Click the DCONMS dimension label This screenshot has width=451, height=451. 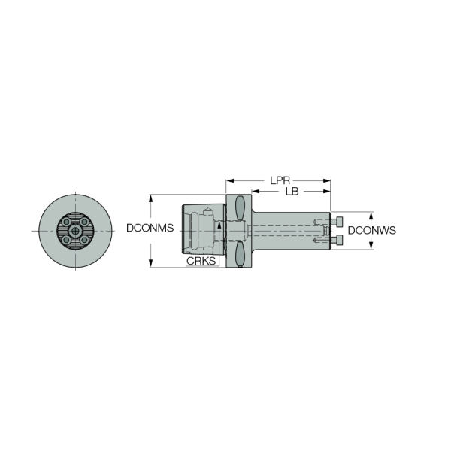pyautogui.click(x=150, y=228)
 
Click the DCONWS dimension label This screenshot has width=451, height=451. pyautogui.click(x=372, y=230)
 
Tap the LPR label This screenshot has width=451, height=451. pyautogui.click(x=280, y=180)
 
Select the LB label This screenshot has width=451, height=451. pyautogui.click(x=292, y=191)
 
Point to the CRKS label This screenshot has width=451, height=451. pyautogui.click(x=201, y=261)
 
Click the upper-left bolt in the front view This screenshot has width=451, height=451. pyautogui.click(x=66, y=222)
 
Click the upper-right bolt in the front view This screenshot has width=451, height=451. pyautogui.click(x=84, y=222)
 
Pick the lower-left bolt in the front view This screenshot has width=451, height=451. pyautogui.click(x=66, y=240)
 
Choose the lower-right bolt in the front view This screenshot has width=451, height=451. pyautogui.click(x=84, y=240)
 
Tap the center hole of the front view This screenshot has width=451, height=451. pyautogui.click(x=75, y=231)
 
